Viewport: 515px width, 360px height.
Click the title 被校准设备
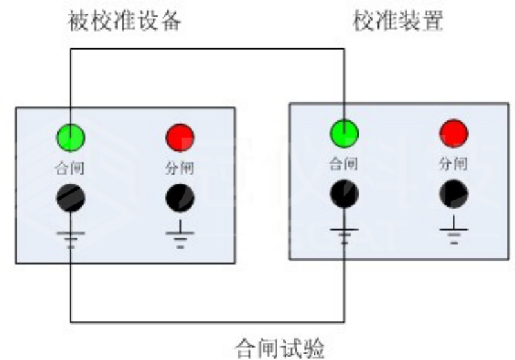coord(125,21)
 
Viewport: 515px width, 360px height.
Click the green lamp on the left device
coord(71,137)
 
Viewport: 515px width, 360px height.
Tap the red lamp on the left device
coord(180,137)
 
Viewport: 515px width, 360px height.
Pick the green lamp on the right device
coord(345,133)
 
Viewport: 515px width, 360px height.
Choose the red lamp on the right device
coord(454,133)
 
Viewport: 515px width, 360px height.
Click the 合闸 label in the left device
coord(71,169)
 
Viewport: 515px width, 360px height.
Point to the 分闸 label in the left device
coord(180,169)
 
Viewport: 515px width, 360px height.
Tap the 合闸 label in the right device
coord(345,164)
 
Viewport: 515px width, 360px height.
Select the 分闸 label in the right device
coord(454,164)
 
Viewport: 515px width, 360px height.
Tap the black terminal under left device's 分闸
coord(180,198)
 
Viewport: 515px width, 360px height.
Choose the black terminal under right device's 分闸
coord(454,194)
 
